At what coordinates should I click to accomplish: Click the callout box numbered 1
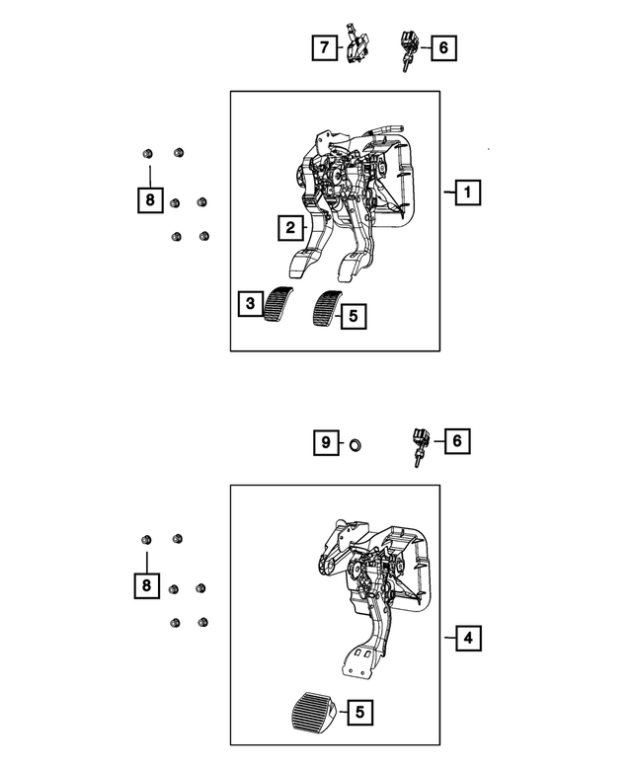467,192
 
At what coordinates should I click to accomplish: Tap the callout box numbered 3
251,304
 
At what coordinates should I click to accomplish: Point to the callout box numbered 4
468,639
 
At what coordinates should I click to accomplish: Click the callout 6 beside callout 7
442,45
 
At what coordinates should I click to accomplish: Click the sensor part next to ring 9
421,445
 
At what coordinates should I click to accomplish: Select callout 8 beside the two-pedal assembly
149,201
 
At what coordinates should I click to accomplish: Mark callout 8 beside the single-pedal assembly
146,586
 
